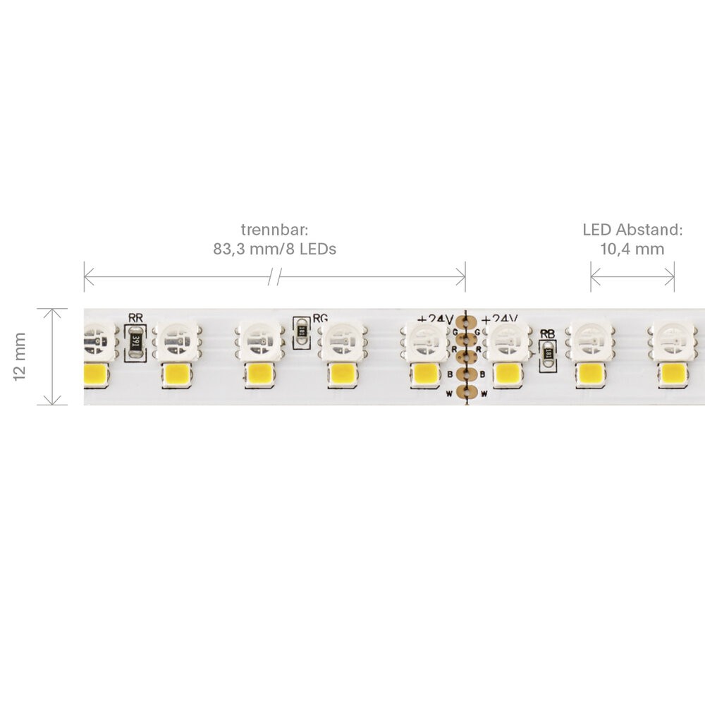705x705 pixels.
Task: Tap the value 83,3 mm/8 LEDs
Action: pyautogui.click(x=274, y=249)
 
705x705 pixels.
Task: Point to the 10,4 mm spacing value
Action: pyautogui.click(x=632, y=249)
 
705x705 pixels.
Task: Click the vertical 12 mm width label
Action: pyautogui.click(x=20, y=357)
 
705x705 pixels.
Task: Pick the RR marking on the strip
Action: pyautogui.click(x=135, y=318)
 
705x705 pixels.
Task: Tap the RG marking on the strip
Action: pyautogui.click(x=320, y=318)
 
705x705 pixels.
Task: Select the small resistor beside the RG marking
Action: pyautogui.click(x=302, y=331)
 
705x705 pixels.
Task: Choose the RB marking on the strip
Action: pyautogui.click(x=547, y=334)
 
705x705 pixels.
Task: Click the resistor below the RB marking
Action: pyautogui.click(x=547, y=356)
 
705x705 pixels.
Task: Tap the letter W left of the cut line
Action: pyautogui.click(x=448, y=393)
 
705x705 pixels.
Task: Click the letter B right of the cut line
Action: pyautogui.click(x=483, y=374)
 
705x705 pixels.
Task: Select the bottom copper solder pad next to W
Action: pyautogui.click(x=464, y=393)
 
